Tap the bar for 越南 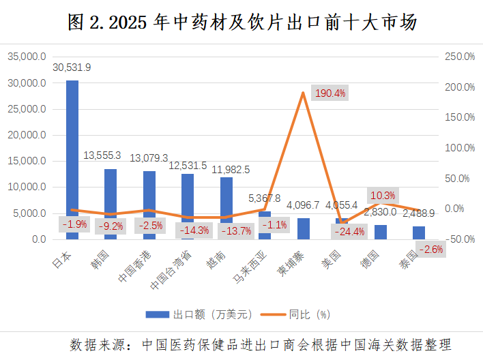[x=226, y=198]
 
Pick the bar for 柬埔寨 [x=303, y=228]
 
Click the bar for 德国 [x=381, y=232]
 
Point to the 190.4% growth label [x=330, y=93]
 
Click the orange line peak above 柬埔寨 [x=302, y=92]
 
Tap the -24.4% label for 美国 [x=349, y=231]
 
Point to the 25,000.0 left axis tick [x=27, y=109]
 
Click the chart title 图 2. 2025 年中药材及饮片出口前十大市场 [x=242, y=22]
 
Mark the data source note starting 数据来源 [x=261, y=344]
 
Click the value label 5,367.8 [x=264, y=198]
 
